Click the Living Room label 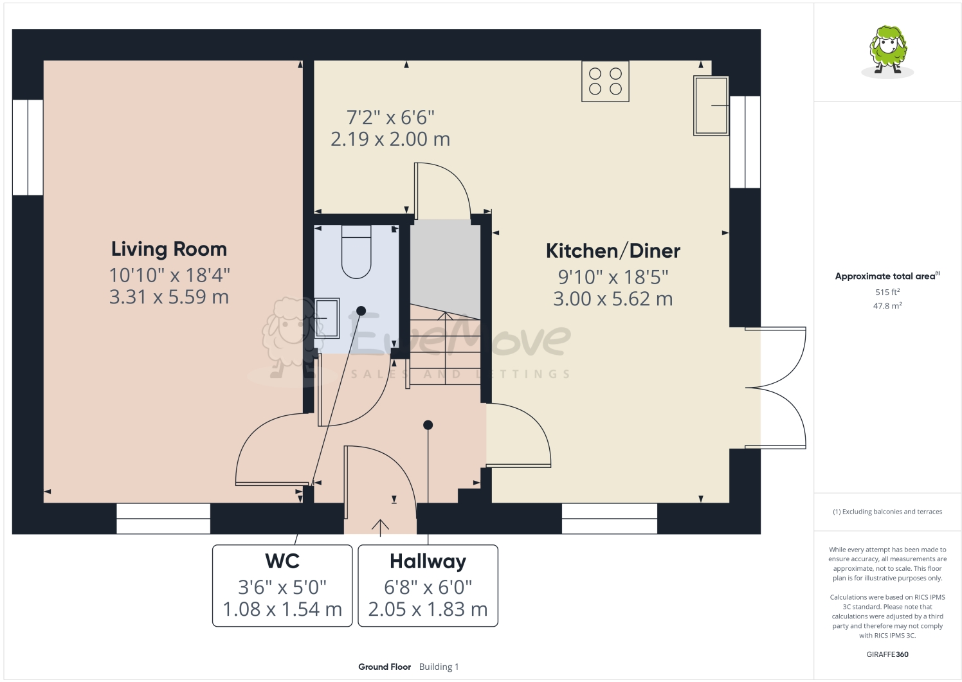(x=168, y=249)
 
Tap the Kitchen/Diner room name (x=613, y=251)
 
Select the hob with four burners (x=605, y=82)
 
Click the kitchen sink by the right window (x=711, y=105)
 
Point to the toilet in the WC (x=356, y=252)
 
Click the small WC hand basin (x=327, y=318)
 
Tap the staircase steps (x=445, y=347)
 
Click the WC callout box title (x=282, y=561)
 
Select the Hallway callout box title (x=428, y=561)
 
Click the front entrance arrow (x=380, y=527)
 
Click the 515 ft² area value (x=887, y=292)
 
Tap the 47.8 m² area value (x=887, y=306)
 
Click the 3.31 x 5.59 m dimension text (x=168, y=297)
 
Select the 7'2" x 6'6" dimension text (x=390, y=118)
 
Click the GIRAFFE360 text (x=887, y=654)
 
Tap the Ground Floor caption (x=385, y=667)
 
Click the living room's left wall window (x=28, y=147)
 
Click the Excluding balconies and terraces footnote (x=887, y=512)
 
